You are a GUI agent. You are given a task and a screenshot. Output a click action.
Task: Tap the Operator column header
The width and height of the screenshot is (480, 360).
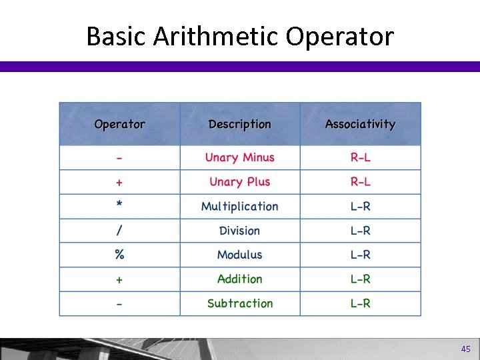(x=120, y=124)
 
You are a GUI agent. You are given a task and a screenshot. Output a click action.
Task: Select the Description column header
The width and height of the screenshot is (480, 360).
(x=240, y=124)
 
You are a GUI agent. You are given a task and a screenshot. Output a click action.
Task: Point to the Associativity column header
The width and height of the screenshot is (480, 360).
(x=360, y=124)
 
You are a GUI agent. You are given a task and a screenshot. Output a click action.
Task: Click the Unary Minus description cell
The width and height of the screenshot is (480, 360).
(x=240, y=157)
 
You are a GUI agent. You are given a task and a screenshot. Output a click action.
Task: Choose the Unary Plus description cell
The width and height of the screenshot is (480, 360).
(x=240, y=182)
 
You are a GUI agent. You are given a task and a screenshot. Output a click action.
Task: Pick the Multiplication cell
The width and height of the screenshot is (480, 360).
(x=240, y=206)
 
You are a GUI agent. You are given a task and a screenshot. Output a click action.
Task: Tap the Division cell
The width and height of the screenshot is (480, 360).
(x=240, y=231)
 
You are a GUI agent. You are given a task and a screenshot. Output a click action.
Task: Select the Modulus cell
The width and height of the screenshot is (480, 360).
(x=240, y=255)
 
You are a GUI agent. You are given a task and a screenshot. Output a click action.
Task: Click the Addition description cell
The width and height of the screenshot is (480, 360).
(x=240, y=279)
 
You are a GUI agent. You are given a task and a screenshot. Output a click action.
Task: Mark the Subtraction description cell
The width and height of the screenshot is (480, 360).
(x=240, y=303)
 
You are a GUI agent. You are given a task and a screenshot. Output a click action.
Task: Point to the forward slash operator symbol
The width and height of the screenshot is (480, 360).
(x=119, y=231)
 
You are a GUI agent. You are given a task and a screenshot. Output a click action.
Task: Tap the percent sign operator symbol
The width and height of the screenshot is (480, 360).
(x=119, y=255)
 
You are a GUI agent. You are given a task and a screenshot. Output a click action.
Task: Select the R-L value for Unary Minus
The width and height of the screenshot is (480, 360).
(x=361, y=157)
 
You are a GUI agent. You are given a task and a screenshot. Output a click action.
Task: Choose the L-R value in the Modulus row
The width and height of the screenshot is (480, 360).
(x=361, y=255)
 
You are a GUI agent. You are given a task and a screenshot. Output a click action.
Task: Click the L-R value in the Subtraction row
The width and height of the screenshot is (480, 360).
(x=361, y=303)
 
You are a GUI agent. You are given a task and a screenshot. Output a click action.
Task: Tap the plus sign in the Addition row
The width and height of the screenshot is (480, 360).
(x=119, y=279)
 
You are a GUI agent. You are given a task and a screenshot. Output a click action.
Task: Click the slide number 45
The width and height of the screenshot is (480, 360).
(x=465, y=349)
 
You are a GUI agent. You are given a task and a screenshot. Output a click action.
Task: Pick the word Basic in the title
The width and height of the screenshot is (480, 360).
(x=116, y=36)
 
